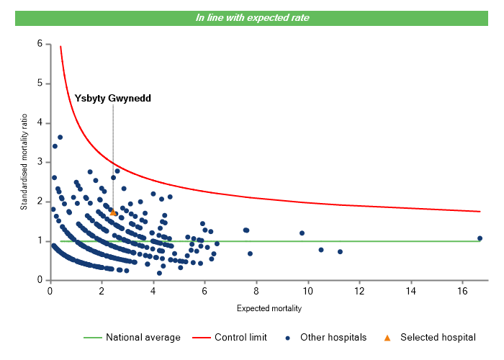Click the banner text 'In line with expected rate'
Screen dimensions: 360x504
(x=252, y=17)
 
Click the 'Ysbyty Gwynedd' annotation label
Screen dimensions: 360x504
(x=113, y=98)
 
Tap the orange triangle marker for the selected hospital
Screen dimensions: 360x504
(x=113, y=213)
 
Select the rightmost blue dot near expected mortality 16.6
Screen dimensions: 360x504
(x=480, y=238)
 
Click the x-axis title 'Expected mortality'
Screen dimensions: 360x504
(x=269, y=308)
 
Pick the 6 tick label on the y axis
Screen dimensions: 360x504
(x=40, y=44)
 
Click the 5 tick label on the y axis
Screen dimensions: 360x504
(x=40, y=84)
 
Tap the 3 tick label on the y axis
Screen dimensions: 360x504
(x=40, y=162)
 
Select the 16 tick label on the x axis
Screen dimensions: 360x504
(x=462, y=291)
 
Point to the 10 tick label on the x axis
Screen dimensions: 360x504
(x=307, y=291)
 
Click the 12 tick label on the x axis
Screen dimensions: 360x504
(x=359, y=291)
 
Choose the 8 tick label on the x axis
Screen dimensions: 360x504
(x=256, y=291)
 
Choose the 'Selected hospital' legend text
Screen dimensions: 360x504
(x=438, y=337)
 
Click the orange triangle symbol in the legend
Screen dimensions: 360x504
(x=387, y=337)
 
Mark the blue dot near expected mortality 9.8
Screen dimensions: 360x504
(x=302, y=233)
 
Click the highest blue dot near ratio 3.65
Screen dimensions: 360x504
(x=60, y=138)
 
